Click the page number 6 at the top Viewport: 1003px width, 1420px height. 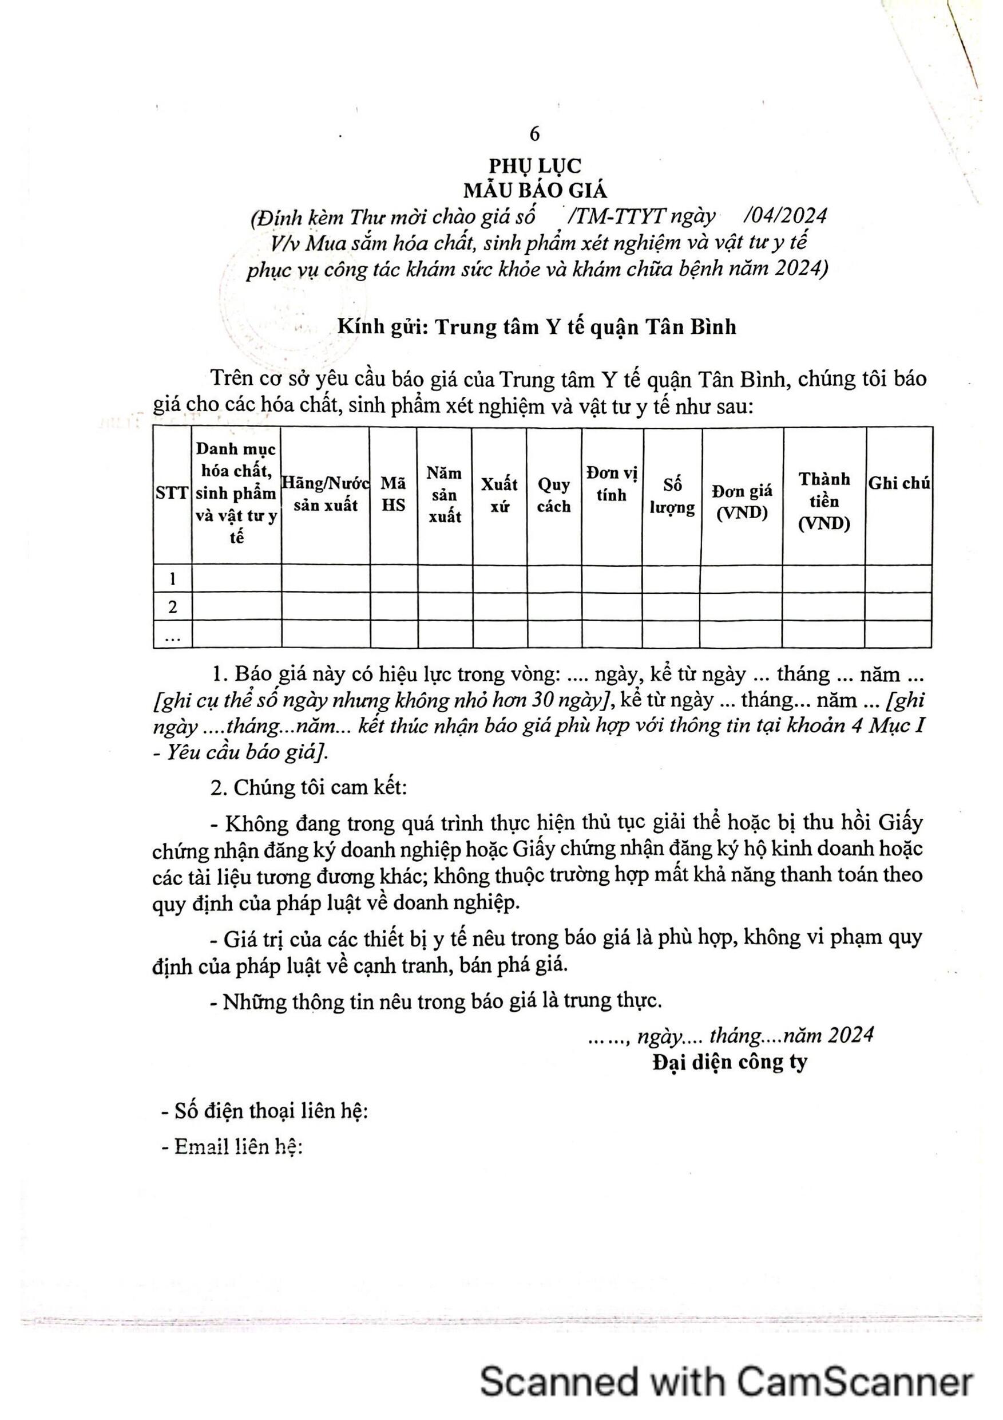point(534,133)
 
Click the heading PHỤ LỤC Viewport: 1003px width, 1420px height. point(535,165)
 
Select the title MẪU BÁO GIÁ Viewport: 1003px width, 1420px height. point(537,191)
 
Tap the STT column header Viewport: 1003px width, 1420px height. point(172,494)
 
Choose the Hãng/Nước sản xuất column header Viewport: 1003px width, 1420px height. point(325,494)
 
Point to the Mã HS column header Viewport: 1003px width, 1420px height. point(393,494)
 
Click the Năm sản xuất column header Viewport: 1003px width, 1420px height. point(445,495)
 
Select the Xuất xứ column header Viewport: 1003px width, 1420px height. point(499,495)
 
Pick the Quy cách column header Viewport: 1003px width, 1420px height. point(554,495)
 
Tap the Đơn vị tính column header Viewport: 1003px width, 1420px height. point(612,484)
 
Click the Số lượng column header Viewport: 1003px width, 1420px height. point(672,496)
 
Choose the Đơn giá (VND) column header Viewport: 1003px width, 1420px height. point(742,501)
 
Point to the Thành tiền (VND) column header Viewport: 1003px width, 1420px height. point(824,501)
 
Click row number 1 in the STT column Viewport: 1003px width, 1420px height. point(172,579)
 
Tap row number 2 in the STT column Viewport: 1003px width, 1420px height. point(172,607)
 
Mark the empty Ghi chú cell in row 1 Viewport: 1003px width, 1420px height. point(898,579)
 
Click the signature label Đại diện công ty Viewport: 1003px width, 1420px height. point(730,1062)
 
